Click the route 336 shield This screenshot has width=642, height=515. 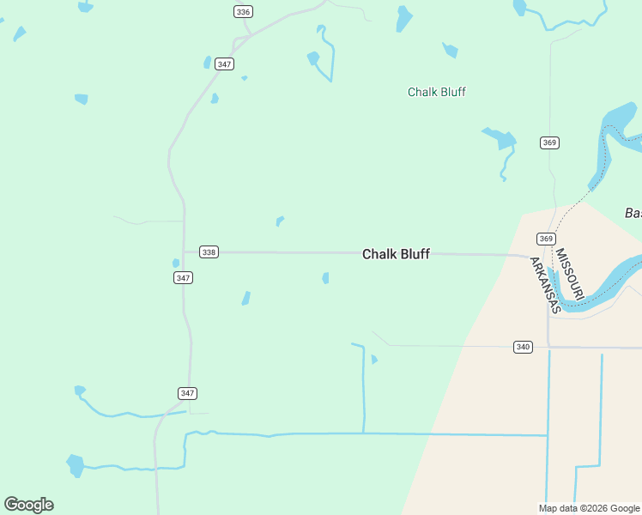click(x=243, y=11)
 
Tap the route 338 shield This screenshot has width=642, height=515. click(x=209, y=251)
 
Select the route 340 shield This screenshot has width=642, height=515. click(x=523, y=347)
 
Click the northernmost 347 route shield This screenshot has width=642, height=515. click(x=225, y=64)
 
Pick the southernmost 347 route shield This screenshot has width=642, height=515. click(x=188, y=393)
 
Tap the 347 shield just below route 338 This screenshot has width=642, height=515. click(x=183, y=277)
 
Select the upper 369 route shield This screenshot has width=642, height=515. click(x=549, y=142)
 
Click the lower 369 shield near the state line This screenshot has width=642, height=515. click(x=546, y=239)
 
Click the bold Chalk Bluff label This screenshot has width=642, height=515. click(x=396, y=254)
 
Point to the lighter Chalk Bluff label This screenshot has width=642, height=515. click(x=436, y=92)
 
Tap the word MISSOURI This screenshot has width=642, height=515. click(x=569, y=274)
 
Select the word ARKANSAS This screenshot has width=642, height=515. click(x=544, y=285)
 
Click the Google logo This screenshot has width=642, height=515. click(x=28, y=505)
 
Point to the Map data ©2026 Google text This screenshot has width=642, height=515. click(x=590, y=508)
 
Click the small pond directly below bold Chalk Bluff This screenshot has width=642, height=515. click(x=325, y=278)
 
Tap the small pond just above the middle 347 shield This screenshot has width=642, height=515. click(x=176, y=263)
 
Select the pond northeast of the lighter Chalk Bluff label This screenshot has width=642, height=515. click(x=450, y=50)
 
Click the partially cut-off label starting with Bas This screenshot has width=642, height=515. click(x=633, y=213)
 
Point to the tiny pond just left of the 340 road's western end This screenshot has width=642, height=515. click(x=373, y=359)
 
